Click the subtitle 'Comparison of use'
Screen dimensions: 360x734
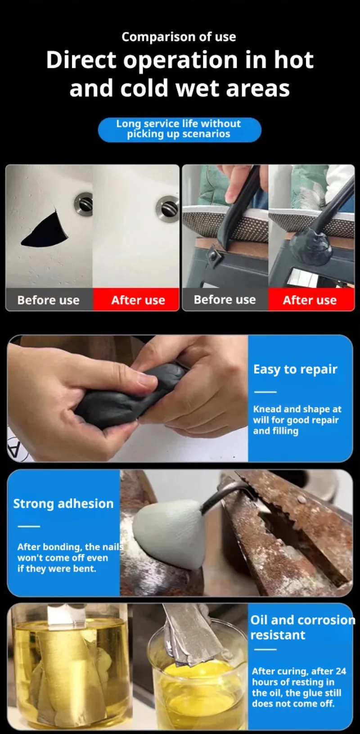coord(179,37)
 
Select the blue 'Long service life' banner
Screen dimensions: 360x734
coord(180,130)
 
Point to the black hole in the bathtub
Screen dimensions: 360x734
coord(46,230)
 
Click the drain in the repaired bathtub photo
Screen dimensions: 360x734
coord(168,209)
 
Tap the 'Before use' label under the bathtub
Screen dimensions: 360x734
coord(49,300)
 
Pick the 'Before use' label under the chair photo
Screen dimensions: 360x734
coord(225,300)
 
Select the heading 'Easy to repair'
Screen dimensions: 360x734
coord(295,369)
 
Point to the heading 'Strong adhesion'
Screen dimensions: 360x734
coord(63,504)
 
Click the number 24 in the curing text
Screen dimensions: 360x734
coord(341,671)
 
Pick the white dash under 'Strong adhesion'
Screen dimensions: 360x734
coord(29,526)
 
